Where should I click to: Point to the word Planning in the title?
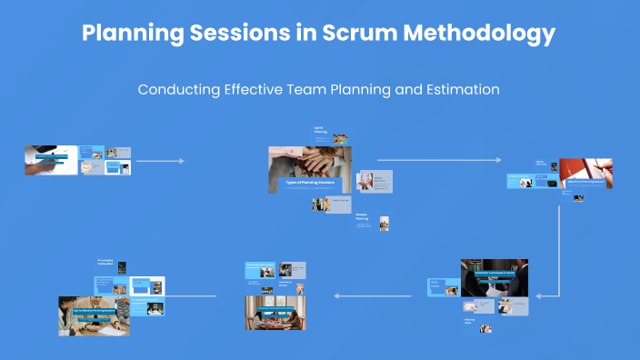pyautogui.click(x=131, y=34)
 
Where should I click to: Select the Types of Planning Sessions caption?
pyautogui.click(x=306, y=183)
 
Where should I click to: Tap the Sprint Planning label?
pyautogui.click(x=321, y=131)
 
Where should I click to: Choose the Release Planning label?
pyautogui.click(x=363, y=218)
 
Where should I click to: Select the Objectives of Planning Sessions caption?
pyautogui.click(x=585, y=182)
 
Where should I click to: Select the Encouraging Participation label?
pyautogui.click(x=106, y=263)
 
